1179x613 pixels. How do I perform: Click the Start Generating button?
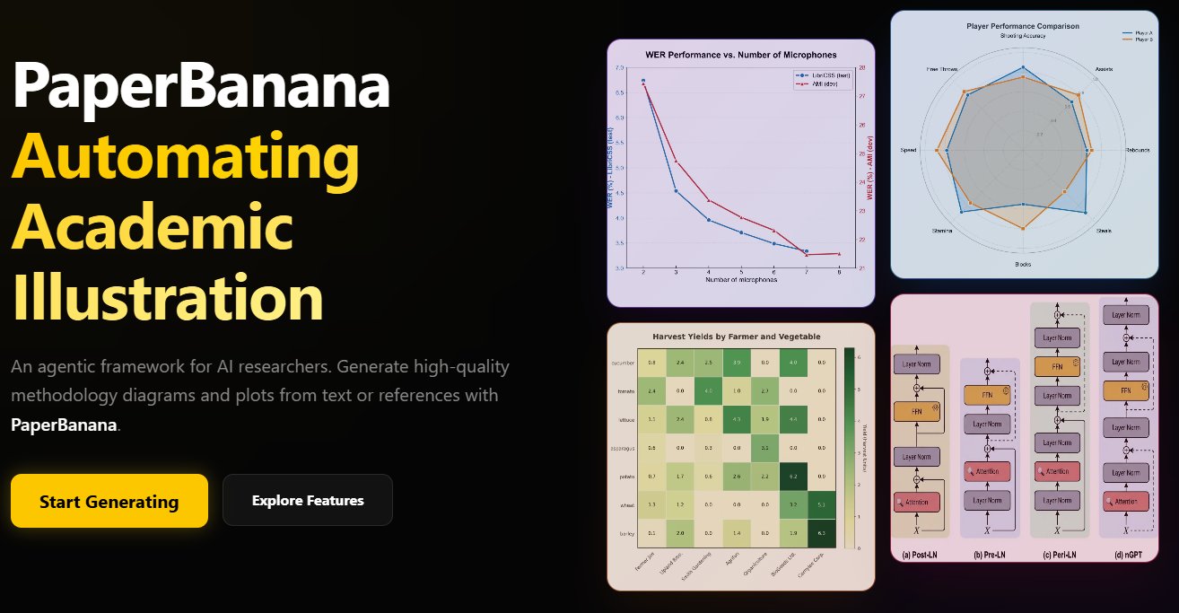point(109,501)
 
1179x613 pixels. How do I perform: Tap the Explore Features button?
point(308,500)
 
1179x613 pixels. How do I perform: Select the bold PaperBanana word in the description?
point(64,425)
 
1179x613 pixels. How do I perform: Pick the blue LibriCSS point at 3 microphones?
point(676,191)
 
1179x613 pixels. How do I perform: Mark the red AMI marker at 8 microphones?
point(839,254)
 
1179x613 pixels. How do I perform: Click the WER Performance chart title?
point(740,56)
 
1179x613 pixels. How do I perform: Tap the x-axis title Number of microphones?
point(740,280)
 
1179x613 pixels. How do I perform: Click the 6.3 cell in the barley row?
point(822,533)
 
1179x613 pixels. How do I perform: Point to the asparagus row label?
point(622,446)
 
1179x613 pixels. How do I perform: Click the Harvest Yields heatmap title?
point(736,337)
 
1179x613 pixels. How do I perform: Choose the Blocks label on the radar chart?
point(1024,264)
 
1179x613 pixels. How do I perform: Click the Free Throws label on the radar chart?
point(942,69)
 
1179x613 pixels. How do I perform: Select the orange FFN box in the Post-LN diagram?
point(916,411)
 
